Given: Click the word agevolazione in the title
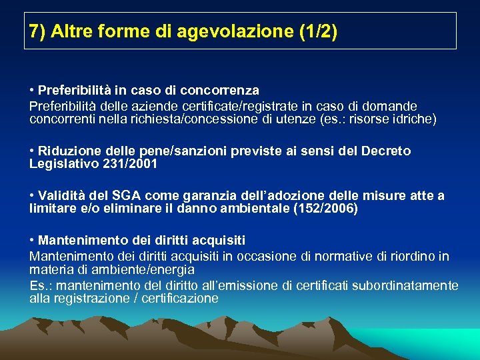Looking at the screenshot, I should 220,32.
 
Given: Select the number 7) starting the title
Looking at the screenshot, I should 37,31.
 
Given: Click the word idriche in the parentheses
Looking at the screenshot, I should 413,119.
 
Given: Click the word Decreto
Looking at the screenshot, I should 386,151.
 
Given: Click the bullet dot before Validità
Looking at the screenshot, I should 32,196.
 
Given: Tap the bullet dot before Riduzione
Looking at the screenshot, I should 32,151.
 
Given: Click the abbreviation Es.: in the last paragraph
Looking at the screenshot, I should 39,285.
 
